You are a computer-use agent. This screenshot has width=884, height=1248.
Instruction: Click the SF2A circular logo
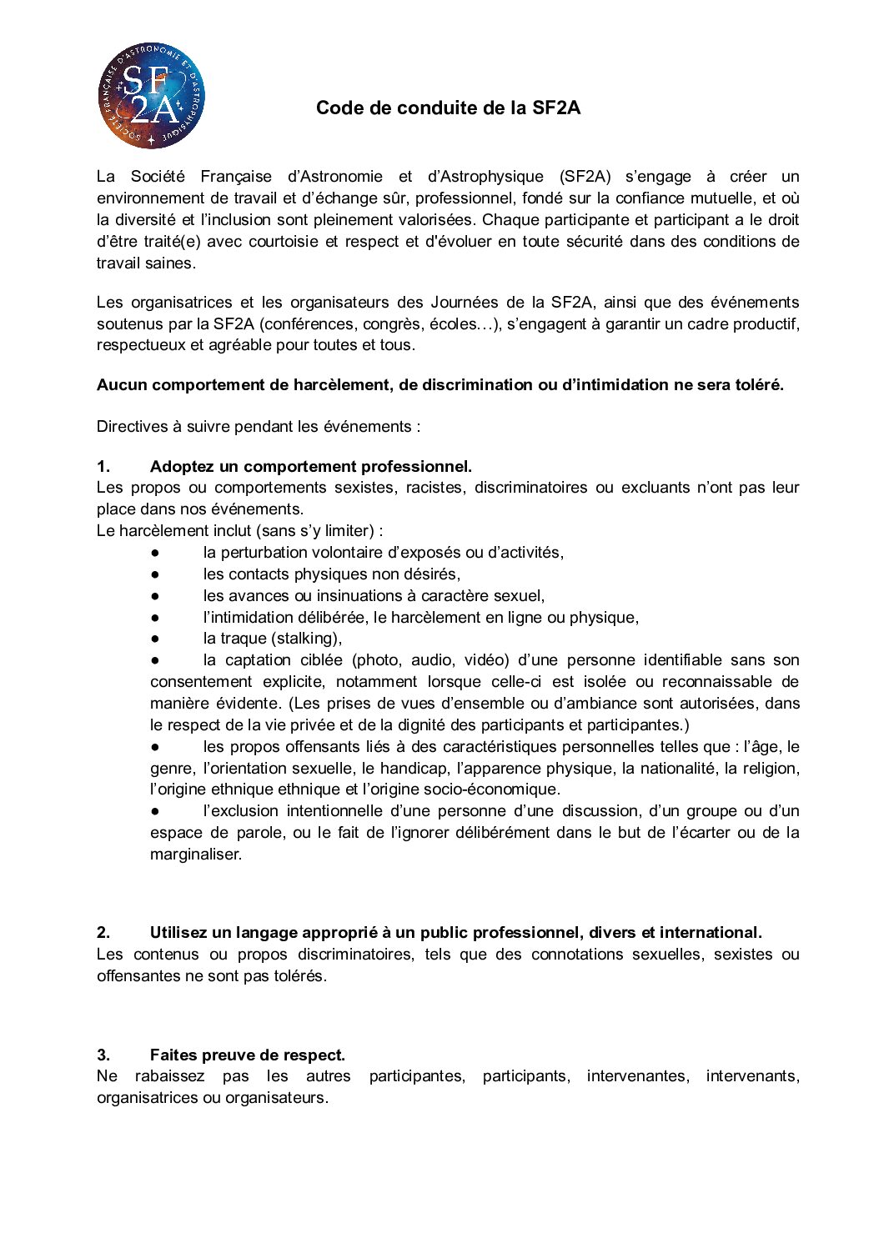tap(151, 98)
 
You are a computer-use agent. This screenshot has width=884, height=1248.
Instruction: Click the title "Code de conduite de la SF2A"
tap(448, 108)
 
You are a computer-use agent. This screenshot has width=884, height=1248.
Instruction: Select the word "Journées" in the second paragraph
tap(465, 303)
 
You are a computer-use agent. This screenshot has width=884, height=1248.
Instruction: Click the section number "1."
tap(103, 467)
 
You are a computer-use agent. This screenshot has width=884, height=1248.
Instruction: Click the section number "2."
tap(103, 933)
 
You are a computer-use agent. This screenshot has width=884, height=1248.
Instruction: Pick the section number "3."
tap(103, 1055)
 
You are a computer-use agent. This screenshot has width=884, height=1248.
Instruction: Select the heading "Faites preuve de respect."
tap(247, 1055)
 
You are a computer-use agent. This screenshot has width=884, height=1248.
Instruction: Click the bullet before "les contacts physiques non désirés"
tap(155, 574)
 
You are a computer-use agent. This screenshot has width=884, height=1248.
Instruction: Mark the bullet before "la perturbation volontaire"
tap(155, 553)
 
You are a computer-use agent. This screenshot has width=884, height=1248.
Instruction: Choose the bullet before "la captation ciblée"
tap(155, 660)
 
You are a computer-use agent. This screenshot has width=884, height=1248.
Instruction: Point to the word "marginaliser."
tap(196, 855)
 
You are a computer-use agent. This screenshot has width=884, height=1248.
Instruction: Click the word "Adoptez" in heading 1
tap(181, 467)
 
